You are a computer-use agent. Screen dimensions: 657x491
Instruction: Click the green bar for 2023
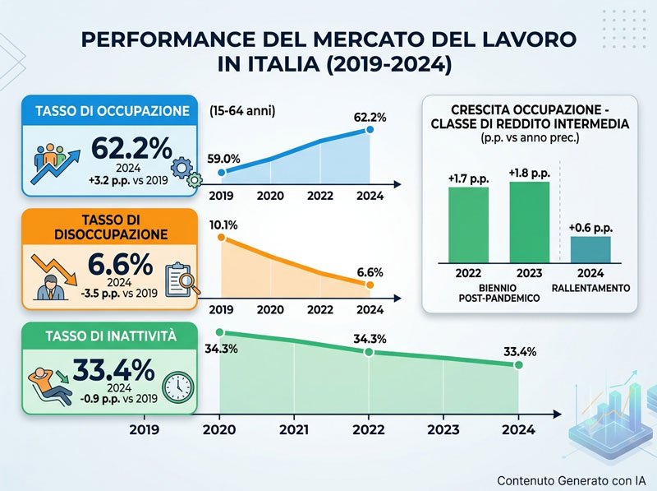point(529,222)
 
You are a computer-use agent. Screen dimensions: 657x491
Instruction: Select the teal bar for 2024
point(590,250)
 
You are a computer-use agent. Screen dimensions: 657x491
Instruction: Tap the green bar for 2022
point(468,225)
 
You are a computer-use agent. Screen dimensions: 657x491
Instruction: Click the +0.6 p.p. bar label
point(590,228)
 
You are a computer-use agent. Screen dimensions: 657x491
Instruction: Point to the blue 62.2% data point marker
point(370,130)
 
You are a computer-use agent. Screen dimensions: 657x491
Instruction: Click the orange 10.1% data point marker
point(222,238)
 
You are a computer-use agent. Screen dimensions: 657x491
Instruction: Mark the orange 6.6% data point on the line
point(369,285)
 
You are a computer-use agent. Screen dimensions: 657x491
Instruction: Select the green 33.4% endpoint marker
point(519,365)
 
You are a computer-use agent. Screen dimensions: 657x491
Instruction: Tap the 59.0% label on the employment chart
point(223,159)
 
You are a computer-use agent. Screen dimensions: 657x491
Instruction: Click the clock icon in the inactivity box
point(178,387)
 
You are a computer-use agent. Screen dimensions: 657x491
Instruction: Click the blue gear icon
point(181,169)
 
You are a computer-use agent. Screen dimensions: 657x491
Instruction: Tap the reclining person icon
point(50,385)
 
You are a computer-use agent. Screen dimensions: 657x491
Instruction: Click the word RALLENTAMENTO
point(590,289)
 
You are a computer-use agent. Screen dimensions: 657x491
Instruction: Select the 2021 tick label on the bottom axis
point(294,430)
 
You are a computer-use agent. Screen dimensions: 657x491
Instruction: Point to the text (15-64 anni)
point(242,111)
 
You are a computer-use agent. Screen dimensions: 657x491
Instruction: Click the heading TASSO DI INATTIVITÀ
point(111,336)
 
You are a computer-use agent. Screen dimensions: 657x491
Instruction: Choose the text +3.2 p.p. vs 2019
point(128,180)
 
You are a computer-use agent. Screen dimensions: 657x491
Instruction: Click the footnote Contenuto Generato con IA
point(572,480)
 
